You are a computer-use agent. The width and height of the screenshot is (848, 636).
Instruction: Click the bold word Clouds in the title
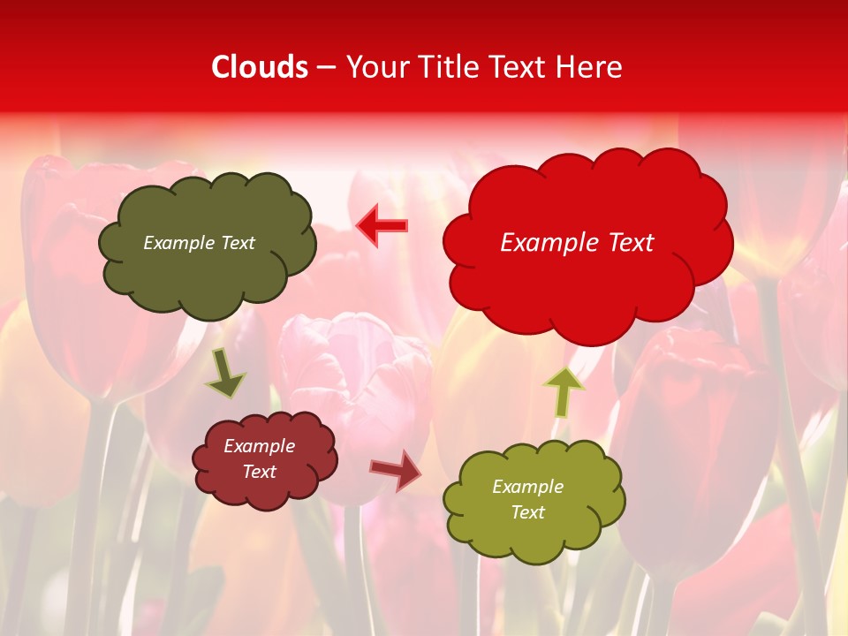(260, 67)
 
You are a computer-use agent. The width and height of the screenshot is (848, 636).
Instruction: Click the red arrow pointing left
(382, 226)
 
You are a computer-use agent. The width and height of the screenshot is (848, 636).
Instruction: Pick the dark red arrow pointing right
(396, 470)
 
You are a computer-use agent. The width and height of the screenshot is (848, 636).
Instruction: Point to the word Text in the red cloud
(627, 243)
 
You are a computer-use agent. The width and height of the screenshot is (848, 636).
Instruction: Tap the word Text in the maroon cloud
(260, 472)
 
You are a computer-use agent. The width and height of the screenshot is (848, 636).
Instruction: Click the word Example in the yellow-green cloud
(527, 487)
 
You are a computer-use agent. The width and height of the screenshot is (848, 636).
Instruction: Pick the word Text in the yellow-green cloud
(527, 512)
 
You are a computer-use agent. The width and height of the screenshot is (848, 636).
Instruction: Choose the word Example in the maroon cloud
(260, 446)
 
